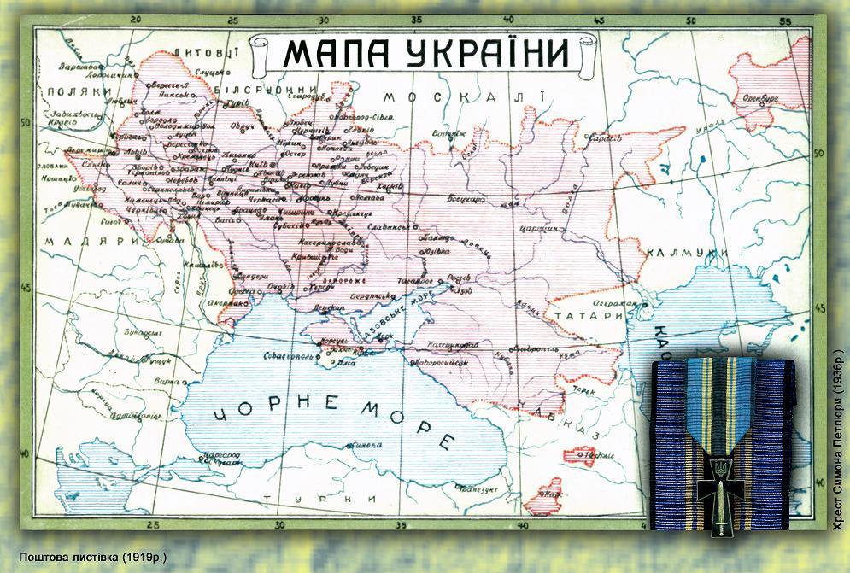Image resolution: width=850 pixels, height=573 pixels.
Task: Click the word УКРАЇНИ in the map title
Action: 486,53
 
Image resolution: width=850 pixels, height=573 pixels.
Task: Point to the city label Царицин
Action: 539,228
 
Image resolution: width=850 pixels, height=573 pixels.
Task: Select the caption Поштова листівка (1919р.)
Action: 92,557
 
